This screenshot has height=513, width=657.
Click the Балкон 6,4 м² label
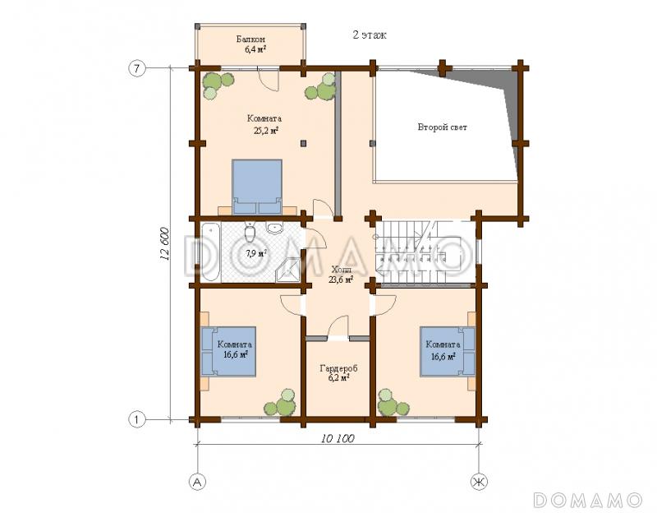(250, 44)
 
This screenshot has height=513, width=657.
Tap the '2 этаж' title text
(369, 35)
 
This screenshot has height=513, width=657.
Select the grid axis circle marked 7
(136, 68)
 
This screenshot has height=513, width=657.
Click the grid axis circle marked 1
(136, 419)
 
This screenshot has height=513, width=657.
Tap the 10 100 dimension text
(338, 439)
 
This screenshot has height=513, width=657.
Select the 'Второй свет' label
(442, 127)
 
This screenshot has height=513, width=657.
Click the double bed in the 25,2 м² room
(257, 187)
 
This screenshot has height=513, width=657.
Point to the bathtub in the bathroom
(210, 252)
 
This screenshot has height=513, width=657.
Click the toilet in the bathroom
(250, 233)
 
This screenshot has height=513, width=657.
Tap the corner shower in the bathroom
(289, 270)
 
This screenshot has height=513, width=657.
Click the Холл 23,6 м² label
(340, 275)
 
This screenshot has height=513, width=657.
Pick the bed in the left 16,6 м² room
(229, 351)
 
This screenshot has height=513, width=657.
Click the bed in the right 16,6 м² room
(448, 351)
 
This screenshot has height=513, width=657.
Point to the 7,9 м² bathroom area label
(256, 253)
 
